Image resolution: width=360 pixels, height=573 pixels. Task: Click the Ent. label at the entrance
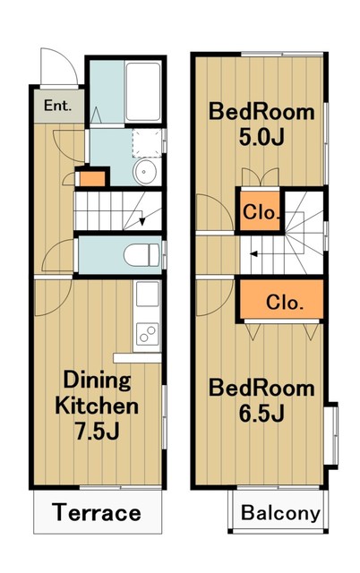pos(57,106)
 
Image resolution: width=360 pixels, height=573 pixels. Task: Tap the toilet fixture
pos(141,255)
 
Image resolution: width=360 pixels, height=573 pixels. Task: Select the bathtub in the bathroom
pos(143,91)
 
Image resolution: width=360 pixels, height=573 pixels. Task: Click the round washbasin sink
pos(145,171)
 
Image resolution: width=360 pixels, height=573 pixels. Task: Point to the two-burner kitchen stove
pos(147,334)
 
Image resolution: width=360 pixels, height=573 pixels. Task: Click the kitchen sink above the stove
pos(147,295)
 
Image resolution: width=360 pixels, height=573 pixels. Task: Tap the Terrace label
pos(97,512)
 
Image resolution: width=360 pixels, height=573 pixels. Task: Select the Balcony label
pos(280,513)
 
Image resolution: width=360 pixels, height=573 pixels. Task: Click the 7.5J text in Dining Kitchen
pos(97,432)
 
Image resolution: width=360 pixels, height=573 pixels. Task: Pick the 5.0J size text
pos(261,137)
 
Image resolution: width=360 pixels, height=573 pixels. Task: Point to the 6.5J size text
pos(261,414)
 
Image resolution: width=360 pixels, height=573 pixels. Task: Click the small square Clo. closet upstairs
pos(260,211)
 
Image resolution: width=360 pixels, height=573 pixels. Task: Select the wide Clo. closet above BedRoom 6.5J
pos(282,299)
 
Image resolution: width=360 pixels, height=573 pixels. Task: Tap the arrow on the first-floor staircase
pos(141,217)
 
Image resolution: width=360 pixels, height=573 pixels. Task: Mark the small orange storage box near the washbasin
pos(92,179)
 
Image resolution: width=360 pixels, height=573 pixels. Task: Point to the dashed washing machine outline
pos(147,143)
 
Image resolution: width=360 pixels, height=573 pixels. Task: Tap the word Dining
pos(97,380)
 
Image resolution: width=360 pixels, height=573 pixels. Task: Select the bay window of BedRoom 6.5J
pos(331,436)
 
